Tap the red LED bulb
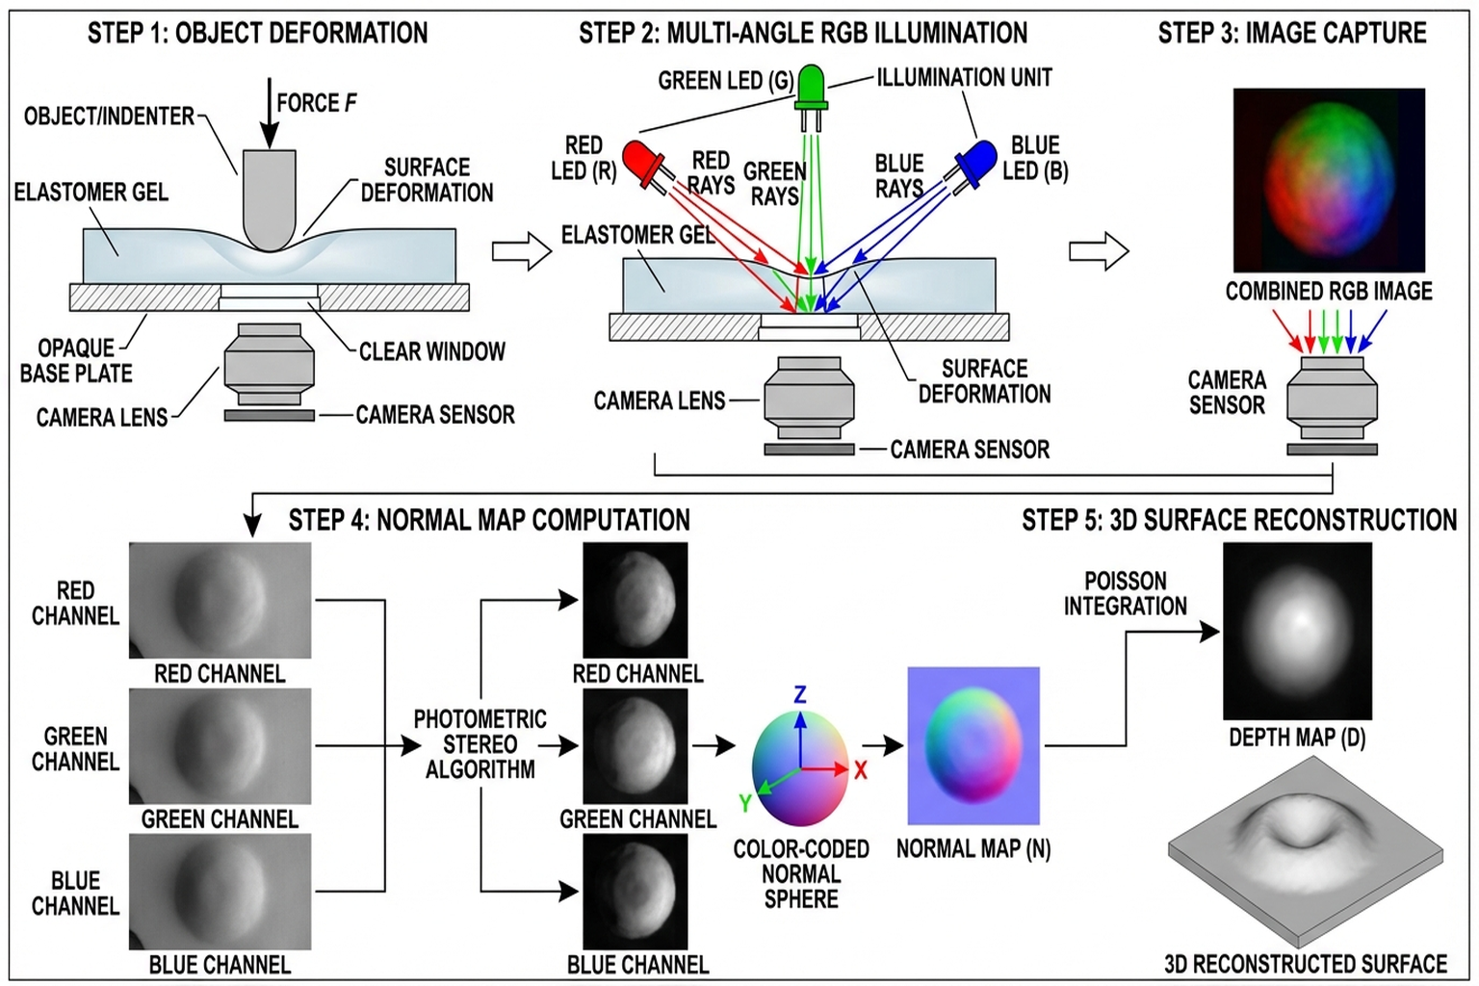click(x=639, y=159)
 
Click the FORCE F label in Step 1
click(x=316, y=103)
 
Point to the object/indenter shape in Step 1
click(x=270, y=197)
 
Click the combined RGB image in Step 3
click(x=1329, y=180)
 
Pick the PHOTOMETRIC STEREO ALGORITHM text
click(x=480, y=744)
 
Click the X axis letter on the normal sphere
click(x=861, y=770)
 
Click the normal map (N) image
click(x=973, y=745)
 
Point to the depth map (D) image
click(x=1297, y=631)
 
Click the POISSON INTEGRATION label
click(x=1125, y=593)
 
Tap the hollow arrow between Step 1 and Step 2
click(x=521, y=252)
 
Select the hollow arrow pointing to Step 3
click(x=1099, y=252)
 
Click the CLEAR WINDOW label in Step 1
click(x=431, y=351)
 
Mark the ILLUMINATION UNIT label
click(x=964, y=77)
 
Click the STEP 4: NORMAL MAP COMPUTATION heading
click(x=489, y=520)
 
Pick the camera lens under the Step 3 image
click(x=1332, y=399)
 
